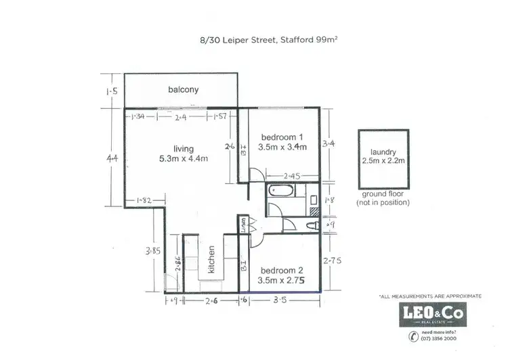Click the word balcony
(182, 89)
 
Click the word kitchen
(212, 258)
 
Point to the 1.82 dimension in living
(143, 200)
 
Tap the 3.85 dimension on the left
(151, 250)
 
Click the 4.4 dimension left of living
(112, 158)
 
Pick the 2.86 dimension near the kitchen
(177, 264)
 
